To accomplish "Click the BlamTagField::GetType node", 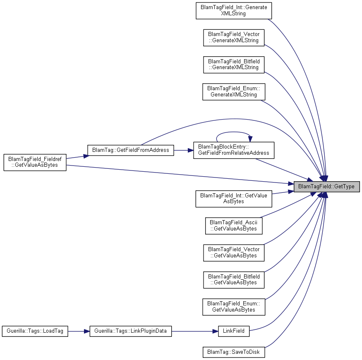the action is tap(326, 187).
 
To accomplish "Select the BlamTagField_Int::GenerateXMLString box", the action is tap(234, 11).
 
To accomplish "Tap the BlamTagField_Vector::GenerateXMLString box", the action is tap(234, 38).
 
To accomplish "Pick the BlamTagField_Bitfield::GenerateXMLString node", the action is tap(234, 65).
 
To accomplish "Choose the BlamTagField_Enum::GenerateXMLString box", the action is tap(234, 92).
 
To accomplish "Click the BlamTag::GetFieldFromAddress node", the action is tap(130, 150).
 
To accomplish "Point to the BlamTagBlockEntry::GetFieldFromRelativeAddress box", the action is tap(234, 150).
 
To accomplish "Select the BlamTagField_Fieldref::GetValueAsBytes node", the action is tap(35, 162).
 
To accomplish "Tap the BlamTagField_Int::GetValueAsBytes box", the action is tap(234, 199).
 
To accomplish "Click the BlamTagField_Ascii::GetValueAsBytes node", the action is tap(234, 226).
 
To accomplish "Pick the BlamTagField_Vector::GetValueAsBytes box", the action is tap(234, 253).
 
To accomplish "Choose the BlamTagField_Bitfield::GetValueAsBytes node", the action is tap(234, 280).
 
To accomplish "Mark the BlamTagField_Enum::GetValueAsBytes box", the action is tap(234, 307).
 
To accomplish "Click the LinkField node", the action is tap(234, 331).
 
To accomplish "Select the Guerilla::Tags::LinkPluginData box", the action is tap(130, 331).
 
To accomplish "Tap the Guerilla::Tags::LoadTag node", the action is tap(35, 331).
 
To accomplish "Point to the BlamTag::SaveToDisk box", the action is tap(234, 352).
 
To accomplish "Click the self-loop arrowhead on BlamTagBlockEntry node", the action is tap(250, 139).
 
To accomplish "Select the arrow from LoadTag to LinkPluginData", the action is tap(79, 331).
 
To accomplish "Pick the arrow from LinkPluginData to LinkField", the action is tap(195, 331).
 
